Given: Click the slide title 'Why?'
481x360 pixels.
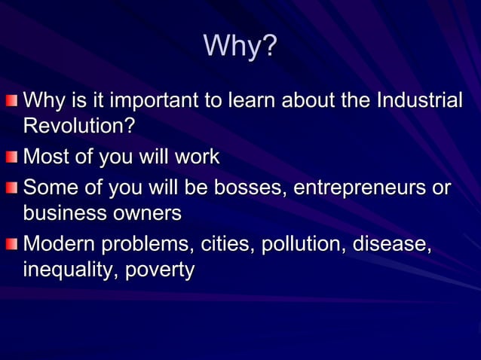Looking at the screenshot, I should [x=240, y=47].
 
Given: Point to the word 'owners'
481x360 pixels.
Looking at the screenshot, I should [x=149, y=213].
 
